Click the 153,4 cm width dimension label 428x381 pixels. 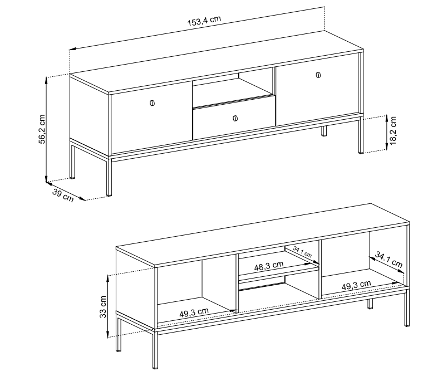(204, 21)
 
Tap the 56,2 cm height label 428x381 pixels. (42, 129)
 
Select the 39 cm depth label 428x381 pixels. (63, 196)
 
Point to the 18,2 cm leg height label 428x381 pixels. (392, 130)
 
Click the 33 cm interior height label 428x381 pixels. (103, 307)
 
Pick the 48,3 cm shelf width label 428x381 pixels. (269, 266)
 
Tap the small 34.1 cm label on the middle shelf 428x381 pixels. (302, 252)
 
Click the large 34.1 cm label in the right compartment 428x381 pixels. (388, 260)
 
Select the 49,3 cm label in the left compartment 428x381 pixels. (194, 312)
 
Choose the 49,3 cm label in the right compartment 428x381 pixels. (356, 285)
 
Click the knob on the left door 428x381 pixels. (152, 103)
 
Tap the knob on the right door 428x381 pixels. (318, 75)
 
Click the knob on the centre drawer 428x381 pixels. (235, 118)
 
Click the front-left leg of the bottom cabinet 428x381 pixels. (155, 350)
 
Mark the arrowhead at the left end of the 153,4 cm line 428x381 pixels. (72, 49)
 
